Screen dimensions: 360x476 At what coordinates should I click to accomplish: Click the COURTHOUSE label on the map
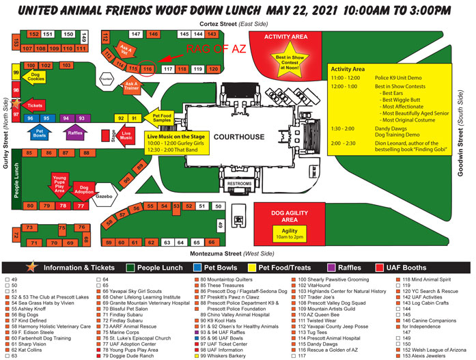(238, 137)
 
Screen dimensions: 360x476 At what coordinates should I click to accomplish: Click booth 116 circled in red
(148, 69)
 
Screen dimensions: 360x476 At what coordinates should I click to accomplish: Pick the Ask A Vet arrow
(125, 49)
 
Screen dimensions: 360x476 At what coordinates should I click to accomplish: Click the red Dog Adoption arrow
(84, 188)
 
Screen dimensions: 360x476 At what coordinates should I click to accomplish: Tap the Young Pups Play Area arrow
(59, 183)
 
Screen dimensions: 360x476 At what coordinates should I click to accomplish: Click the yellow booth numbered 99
(16, 72)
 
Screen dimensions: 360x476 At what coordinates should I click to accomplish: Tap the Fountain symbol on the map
(105, 79)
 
